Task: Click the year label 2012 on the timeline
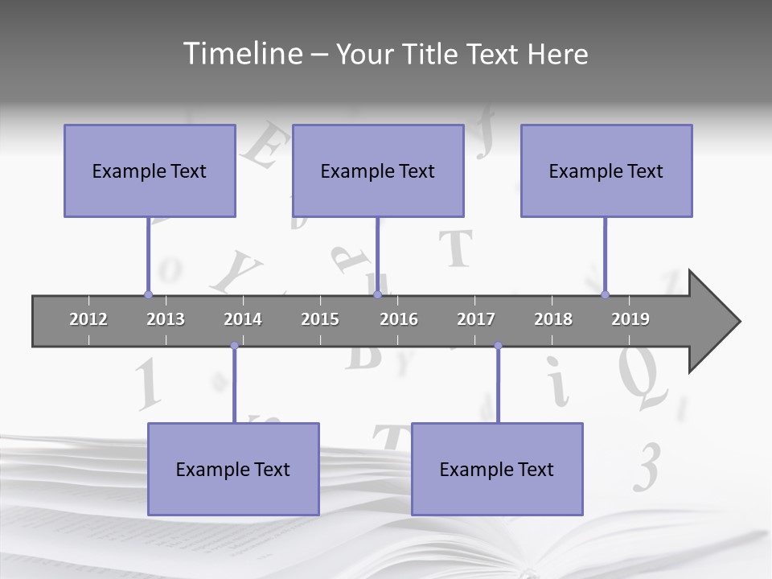tap(88, 319)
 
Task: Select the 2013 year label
tap(166, 319)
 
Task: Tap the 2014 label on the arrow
tap(243, 319)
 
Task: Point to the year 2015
tap(320, 319)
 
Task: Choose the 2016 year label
tap(399, 319)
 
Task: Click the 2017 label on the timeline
tap(476, 319)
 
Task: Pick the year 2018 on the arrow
tap(553, 319)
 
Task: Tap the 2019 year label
tap(630, 319)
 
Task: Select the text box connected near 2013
tap(150, 170)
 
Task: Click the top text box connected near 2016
tap(378, 170)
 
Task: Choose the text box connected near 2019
tap(606, 170)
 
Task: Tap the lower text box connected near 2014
tap(233, 469)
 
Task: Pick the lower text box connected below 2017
tap(497, 469)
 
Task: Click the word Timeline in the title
tap(242, 54)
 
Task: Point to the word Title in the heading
tap(432, 54)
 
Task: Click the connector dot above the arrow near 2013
tap(148, 294)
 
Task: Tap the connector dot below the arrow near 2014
tap(234, 346)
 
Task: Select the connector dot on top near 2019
tap(605, 294)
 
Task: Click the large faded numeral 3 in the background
tap(646, 466)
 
